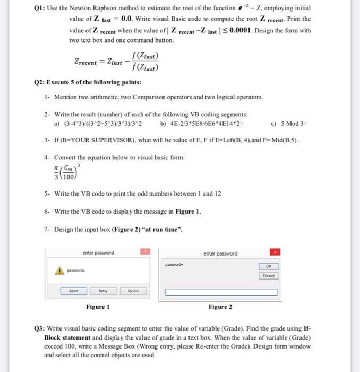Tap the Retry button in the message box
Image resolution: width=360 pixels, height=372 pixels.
pos(102,291)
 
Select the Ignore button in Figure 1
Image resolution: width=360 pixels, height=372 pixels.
pos(133,291)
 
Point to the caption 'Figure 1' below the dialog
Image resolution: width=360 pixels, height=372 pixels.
pos(98,307)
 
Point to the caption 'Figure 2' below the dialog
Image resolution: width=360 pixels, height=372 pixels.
pos(220,307)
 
